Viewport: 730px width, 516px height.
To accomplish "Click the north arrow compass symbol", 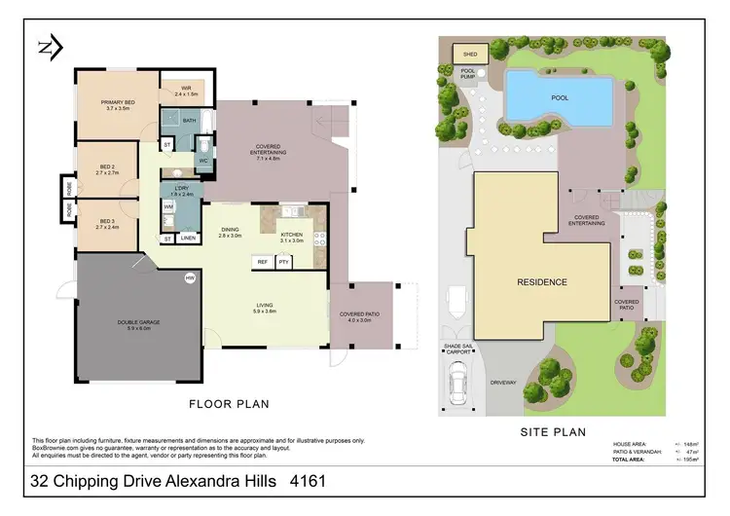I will tap(50, 46).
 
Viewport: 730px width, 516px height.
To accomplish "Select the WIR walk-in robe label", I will tap(186, 92).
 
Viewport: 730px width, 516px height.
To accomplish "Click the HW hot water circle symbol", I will tap(190, 278).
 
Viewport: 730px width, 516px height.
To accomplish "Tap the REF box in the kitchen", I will tap(262, 262).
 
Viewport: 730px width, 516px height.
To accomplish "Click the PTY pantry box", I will tap(284, 262).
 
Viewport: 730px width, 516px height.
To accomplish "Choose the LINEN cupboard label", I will tap(188, 239).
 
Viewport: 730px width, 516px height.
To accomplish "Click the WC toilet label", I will tap(204, 161).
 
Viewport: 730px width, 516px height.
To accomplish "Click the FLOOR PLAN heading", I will tap(229, 402).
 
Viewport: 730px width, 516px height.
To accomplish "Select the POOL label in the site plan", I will tap(561, 97).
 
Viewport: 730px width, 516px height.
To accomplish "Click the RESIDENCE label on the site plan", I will tap(541, 282).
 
